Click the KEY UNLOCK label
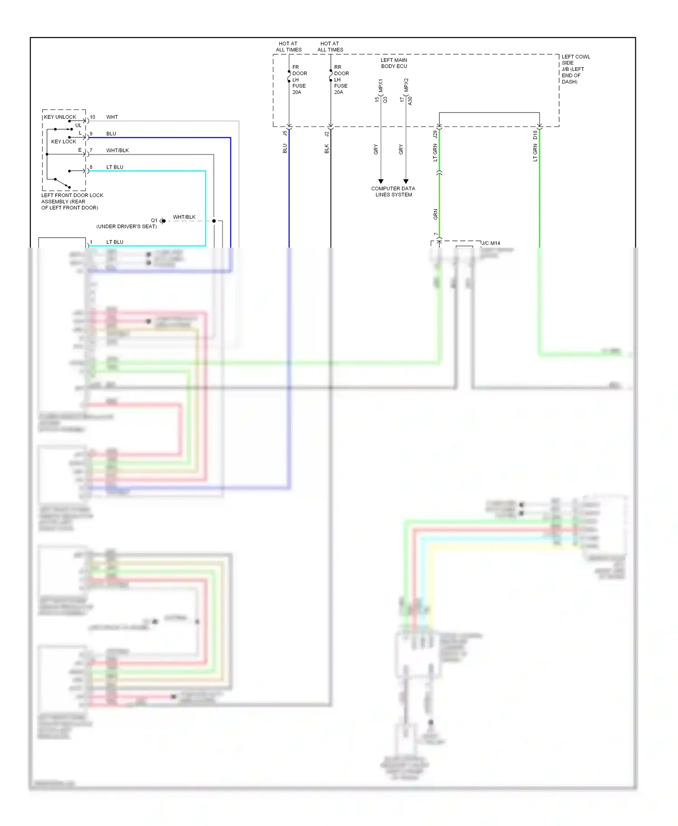click(x=60, y=117)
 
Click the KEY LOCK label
click(x=63, y=141)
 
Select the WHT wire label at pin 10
click(x=112, y=117)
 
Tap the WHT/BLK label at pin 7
click(x=117, y=150)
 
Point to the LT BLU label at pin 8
click(x=114, y=167)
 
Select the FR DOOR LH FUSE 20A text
click(x=299, y=80)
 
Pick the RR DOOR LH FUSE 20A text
click(x=341, y=80)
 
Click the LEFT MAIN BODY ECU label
click(x=394, y=63)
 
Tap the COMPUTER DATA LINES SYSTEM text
click(x=393, y=192)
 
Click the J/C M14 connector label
click(x=490, y=243)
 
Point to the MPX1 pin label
click(x=381, y=86)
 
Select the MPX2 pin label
click(x=406, y=85)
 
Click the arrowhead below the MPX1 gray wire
click(x=381, y=181)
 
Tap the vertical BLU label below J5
click(x=285, y=148)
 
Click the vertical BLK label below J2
click(x=326, y=149)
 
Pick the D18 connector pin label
click(x=535, y=135)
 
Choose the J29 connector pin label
click(x=435, y=135)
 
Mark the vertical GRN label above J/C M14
click(x=435, y=214)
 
